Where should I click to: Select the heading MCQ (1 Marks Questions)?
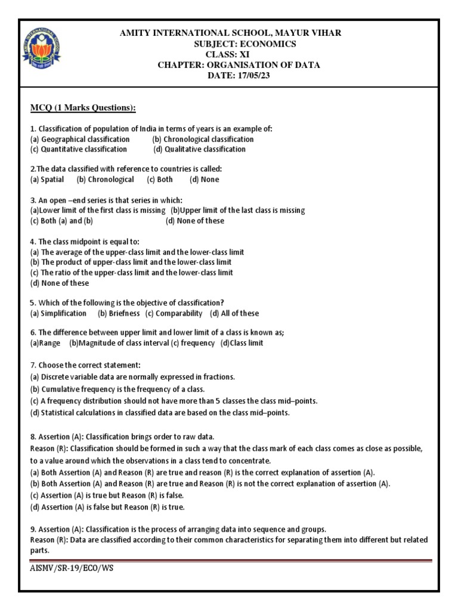pos(83,107)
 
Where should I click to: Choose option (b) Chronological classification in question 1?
pos(203,139)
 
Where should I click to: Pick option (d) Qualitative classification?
pos(199,149)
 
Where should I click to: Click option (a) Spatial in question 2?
pos(47,180)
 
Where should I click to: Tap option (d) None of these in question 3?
pos(195,221)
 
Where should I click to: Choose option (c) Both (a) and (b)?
pos(61,221)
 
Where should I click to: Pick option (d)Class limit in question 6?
pos(242,343)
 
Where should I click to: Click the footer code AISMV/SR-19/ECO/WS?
pos(72,568)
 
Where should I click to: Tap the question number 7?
pos(32,365)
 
